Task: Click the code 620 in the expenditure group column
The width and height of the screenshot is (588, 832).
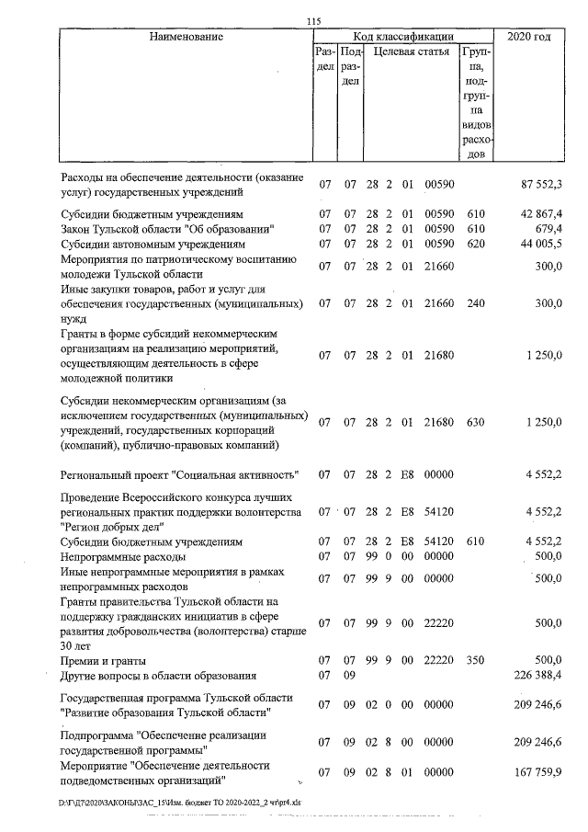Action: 475,245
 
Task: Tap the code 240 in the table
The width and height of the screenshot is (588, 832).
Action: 475,302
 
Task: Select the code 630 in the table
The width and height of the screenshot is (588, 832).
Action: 475,423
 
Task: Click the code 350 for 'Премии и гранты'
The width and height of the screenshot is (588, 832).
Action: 475,661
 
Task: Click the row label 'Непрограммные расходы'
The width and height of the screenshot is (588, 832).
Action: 122,557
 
